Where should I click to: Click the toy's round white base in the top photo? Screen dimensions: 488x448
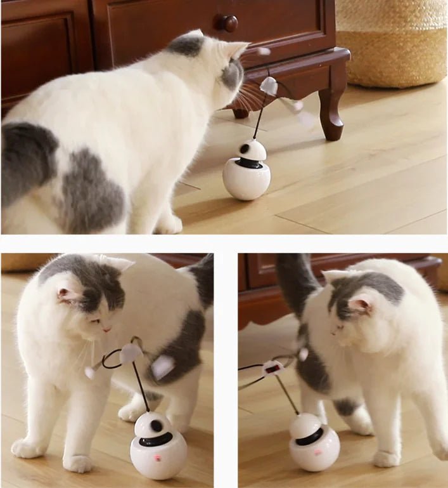click(x=246, y=180)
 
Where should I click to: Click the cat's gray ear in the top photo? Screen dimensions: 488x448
click(x=187, y=44)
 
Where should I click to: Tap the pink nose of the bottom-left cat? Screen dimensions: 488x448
click(x=107, y=329)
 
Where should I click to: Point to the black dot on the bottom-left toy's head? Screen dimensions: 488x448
click(x=156, y=425)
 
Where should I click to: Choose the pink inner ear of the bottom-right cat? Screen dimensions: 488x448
click(x=360, y=307)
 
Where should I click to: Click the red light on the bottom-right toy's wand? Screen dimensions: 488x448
click(x=273, y=367)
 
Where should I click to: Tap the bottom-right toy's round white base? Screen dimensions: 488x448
click(x=315, y=453)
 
